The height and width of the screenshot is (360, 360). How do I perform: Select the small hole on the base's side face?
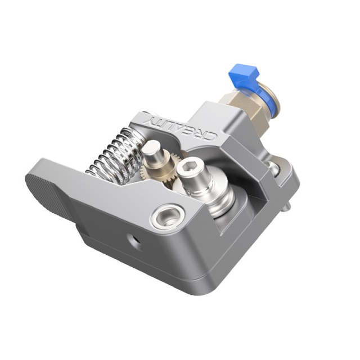pos(133,241)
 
